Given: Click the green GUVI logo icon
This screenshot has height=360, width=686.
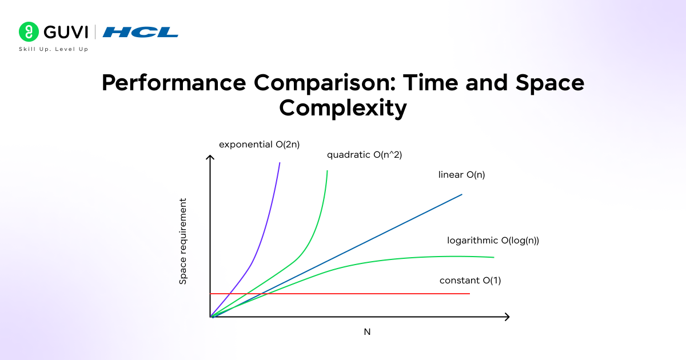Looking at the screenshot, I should (x=29, y=32).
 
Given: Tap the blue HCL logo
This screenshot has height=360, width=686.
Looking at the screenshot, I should (x=140, y=32).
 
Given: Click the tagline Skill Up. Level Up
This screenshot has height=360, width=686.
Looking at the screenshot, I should (x=54, y=49).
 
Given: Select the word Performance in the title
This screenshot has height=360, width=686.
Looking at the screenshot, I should (x=174, y=83).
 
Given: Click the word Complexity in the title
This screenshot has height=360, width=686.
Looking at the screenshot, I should (x=343, y=108).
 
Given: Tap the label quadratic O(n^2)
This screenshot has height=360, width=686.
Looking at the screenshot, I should (x=365, y=155).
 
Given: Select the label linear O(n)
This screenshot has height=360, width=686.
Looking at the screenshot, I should (x=461, y=175).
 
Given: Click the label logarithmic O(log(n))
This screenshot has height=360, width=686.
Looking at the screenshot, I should (x=493, y=241).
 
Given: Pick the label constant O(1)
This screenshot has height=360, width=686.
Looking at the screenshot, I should (x=470, y=281).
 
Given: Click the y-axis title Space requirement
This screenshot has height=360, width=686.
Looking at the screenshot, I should (x=183, y=241).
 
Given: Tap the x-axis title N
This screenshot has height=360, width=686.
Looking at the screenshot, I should (x=367, y=331).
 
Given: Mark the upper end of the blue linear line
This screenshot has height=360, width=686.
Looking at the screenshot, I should (x=461, y=195).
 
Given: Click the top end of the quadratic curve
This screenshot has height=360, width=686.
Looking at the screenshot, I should (x=327, y=171).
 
